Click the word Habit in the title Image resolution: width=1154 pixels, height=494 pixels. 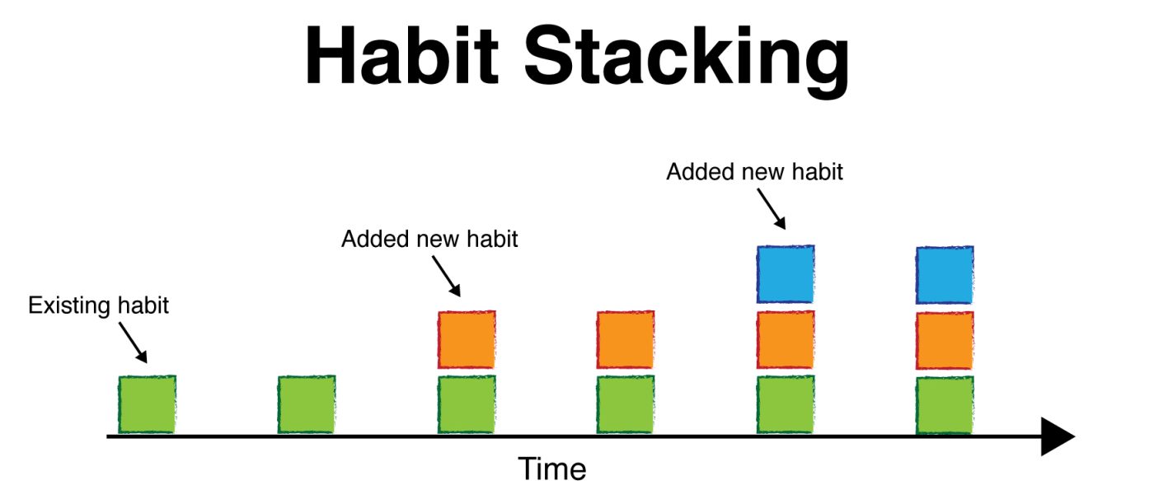click(x=401, y=55)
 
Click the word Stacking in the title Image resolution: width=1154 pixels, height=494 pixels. click(x=686, y=61)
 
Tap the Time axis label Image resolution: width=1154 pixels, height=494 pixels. click(x=551, y=468)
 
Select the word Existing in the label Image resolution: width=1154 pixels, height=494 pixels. click(x=69, y=305)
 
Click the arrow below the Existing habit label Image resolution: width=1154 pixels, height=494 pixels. click(x=134, y=343)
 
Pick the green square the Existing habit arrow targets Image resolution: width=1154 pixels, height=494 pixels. click(x=148, y=404)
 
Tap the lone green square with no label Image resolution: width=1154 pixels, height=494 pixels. click(x=307, y=404)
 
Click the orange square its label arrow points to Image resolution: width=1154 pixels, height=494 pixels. click(x=467, y=339)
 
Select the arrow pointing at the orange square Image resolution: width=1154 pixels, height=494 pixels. click(x=447, y=277)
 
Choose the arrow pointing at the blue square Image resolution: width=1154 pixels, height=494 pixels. click(x=772, y=209)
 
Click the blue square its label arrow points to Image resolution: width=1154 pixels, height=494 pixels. click(x=786, y=274)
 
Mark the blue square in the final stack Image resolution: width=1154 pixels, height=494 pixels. click(x=945, y=275)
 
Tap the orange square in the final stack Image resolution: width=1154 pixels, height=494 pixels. click(x=945, y=340)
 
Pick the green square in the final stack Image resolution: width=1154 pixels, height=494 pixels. click(x=945, y=405)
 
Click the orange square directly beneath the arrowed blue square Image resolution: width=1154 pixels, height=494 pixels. click(x=786, y=339)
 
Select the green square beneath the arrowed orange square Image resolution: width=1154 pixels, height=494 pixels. click(x=467, y=404)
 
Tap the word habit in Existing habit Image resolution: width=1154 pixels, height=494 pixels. click(x=143, y=305)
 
